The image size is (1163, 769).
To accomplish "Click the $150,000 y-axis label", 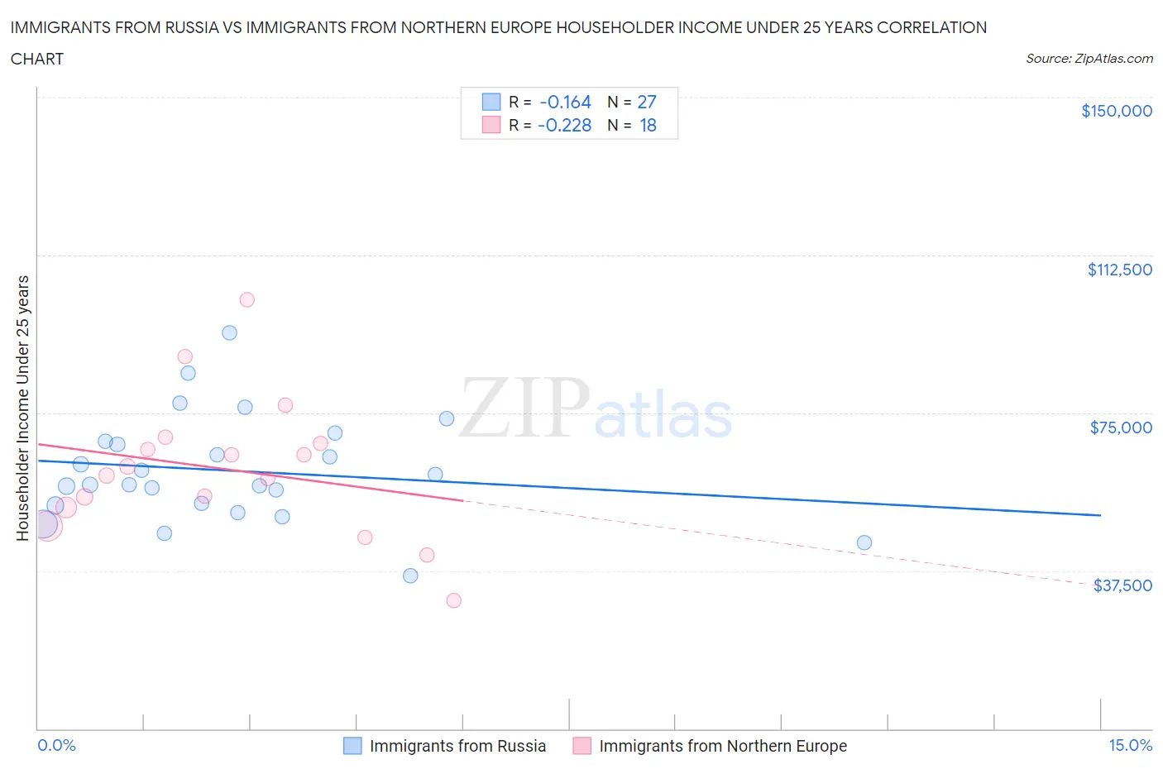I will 1116,111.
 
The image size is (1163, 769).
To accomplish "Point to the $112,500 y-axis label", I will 1119,270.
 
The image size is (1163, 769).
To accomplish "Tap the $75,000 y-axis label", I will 1121,427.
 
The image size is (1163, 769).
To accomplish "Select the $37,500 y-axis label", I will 1122,585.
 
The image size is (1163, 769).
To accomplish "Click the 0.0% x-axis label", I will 56,745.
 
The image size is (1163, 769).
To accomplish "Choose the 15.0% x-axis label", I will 1129,745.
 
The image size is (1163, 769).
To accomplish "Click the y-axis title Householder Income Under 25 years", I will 22,408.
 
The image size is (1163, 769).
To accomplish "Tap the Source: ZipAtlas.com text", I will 1089,58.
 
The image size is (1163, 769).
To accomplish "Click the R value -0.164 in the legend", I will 565,102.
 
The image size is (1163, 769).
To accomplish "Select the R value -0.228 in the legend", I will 564,125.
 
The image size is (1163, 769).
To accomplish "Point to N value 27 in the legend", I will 646,102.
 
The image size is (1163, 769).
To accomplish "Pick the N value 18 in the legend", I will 648,125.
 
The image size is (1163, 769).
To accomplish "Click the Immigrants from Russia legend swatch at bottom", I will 352,746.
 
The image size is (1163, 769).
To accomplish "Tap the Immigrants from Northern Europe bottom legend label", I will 722,746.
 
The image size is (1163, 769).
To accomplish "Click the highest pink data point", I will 246,299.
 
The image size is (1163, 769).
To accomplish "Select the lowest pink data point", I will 453,600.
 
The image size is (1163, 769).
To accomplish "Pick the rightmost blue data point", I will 864,542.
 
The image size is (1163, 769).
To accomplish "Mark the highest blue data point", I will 229,332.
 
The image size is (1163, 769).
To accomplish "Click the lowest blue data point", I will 410,576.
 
